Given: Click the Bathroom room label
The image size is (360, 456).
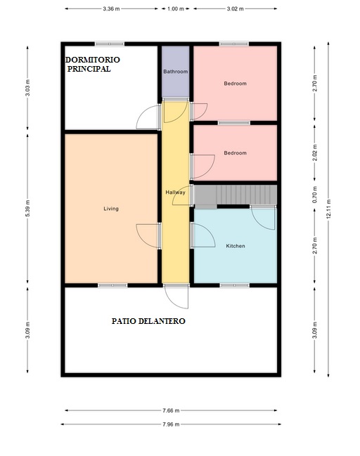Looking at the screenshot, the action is [x=176, y=72].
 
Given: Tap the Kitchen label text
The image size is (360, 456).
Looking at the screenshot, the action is [x=236, y=246].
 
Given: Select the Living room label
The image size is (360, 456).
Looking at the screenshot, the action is [x=111, y=209].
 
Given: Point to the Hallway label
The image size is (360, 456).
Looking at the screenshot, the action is [x=175, y=193].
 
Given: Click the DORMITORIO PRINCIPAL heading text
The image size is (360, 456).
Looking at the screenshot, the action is [x=92, y=64].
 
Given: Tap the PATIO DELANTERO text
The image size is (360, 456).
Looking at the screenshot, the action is [x=148, y=321].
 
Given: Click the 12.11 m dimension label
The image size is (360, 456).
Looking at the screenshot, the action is [x=328, y=209].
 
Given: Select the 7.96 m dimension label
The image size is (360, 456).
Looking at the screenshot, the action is [x=171, y=424].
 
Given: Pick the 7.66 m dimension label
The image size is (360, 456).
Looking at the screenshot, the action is [x=171, y=410].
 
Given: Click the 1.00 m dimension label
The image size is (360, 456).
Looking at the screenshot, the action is [x=176, y=8].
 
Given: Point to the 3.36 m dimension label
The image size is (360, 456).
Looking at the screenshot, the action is [x=111, y=8].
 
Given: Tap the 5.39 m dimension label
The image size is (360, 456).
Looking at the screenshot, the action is [x=27, y=208].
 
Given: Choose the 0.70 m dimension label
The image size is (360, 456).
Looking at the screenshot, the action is [x=314, y=195].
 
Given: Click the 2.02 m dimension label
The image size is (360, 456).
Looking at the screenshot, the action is [x=314, y=153].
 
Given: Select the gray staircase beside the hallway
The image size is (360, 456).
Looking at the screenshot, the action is [x=236, y=195].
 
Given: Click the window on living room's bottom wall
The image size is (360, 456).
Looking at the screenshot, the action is [x=112, y=285].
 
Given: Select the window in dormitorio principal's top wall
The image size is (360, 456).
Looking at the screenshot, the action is [x=110, y=44].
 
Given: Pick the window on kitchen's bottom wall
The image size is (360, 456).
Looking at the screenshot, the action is [x=235, y=285].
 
